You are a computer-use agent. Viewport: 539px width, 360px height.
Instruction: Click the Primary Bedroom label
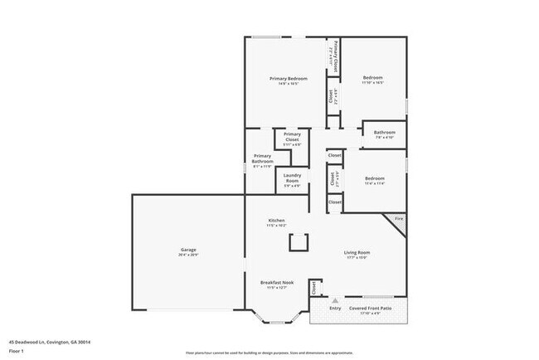(x=283, y=79)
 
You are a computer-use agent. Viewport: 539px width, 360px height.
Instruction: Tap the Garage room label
(x=188, y=250)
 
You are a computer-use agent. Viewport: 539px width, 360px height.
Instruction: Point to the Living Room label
(x=357, y=252)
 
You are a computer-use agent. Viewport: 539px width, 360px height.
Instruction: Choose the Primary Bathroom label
(x=262, y=158)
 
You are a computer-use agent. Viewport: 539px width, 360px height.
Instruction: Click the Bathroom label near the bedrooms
(x=384, y=133)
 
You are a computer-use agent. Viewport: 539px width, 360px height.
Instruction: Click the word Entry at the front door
(x=335, y=308)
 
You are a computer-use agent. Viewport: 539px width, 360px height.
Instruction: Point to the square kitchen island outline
(x=296, y=241)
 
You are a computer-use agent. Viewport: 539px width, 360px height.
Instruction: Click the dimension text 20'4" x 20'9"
(x=188, y=255)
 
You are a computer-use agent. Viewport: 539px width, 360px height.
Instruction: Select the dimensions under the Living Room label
(x=357, y=257)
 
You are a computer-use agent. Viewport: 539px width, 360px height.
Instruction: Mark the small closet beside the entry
(x=314, y=288)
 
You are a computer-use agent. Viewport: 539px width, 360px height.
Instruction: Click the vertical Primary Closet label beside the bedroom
(x=334, y=56)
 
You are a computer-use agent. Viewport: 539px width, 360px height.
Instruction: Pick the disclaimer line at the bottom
(x=269, y=353)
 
